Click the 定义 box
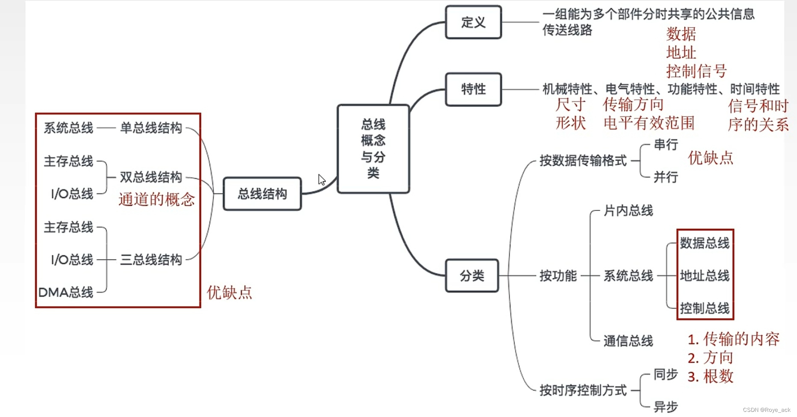[x=473, y=22]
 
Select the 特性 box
[x=473, y=89]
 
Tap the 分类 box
[x=472, y=276]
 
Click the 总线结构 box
[x=262, y=194]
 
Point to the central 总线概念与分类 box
[x=373, y=149]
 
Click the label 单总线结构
[x=151, y=128]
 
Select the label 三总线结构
[x=151, y=260]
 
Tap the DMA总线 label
[x=66, y=293]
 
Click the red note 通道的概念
[x=157, y=199]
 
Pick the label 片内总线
[x=628, y=210]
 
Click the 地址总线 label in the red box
[x=705, y=275]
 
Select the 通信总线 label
[x=628, y=341]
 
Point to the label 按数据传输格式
[x=583, y=161]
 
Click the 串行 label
[x=666, y=145]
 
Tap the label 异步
[x=666, y=407]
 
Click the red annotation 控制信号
[x=696, y=71]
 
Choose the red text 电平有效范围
[x=649, y=123]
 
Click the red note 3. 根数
[x=710, y=376]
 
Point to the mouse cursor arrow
[x=322, y=180]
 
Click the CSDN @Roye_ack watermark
[x=767, y=410]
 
